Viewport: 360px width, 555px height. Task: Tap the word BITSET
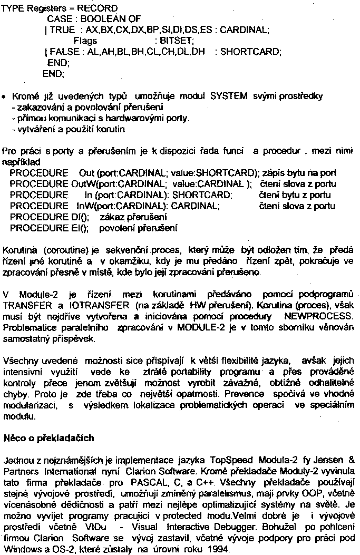coord(179,41)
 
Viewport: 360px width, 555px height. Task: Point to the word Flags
coord(85,41)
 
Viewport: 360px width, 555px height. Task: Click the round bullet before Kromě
coord(4,98)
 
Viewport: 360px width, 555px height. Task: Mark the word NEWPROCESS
coord(318,316)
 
